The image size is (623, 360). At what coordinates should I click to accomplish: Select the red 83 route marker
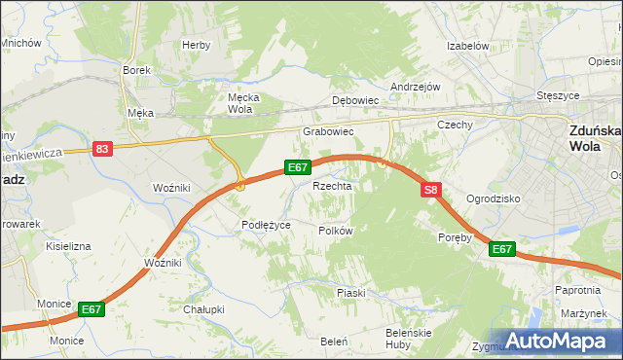tap(103, 149)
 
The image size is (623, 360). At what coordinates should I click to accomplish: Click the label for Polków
tap(335, 231)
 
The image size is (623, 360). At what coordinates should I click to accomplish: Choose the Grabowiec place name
tap(327, 131)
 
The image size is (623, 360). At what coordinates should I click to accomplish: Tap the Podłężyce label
tap(267, 225)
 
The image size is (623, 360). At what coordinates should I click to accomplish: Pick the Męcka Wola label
tap(239, 103)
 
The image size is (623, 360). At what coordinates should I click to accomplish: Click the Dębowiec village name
tap(354, 100)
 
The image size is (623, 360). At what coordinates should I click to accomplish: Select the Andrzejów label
tap(416, 87)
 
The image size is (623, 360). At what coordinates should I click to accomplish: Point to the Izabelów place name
tap(466, 46)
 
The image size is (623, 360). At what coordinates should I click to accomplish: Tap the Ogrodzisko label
tap(494, 198)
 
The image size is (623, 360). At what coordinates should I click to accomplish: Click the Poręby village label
tap(455, 236)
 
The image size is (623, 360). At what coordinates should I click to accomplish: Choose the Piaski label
tap(350, 292)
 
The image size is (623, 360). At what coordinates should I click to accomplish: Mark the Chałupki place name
tap(203, 309)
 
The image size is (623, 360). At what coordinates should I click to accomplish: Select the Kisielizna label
tap(68, 246)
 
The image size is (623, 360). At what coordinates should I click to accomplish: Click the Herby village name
tap(196, 45)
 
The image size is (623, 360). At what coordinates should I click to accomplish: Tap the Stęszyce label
tap(559, 96)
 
